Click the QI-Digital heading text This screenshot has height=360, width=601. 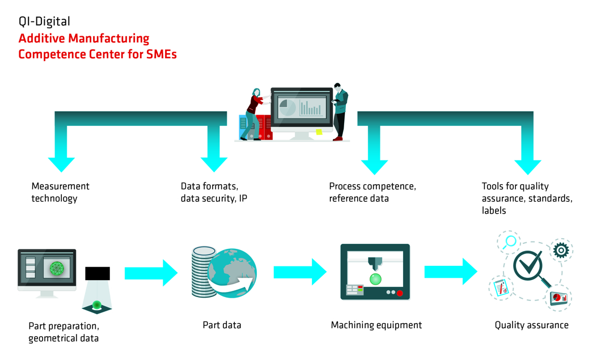[44, 22]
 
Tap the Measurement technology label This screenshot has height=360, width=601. [60, 192]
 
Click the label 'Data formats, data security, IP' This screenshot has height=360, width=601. [214, 192]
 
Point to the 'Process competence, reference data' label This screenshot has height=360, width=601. [373, 192]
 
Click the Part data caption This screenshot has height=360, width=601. [222, 325]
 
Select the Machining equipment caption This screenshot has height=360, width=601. [376, 325]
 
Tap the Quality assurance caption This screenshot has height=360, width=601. [531, 325]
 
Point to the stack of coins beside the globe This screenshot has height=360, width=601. [202, 271]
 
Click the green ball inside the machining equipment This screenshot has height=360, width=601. [375, 278]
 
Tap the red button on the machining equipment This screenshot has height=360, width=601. [400, 293]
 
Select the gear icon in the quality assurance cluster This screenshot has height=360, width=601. [561, 250]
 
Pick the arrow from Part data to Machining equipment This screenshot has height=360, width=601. [300, 272]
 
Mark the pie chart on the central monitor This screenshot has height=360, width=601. [287, 107]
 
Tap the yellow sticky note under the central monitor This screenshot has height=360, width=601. [319, 132]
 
